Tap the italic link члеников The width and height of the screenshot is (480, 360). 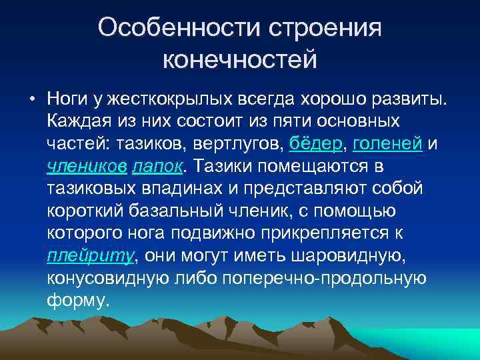click(87, 165)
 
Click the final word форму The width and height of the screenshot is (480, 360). click(77, 299)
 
